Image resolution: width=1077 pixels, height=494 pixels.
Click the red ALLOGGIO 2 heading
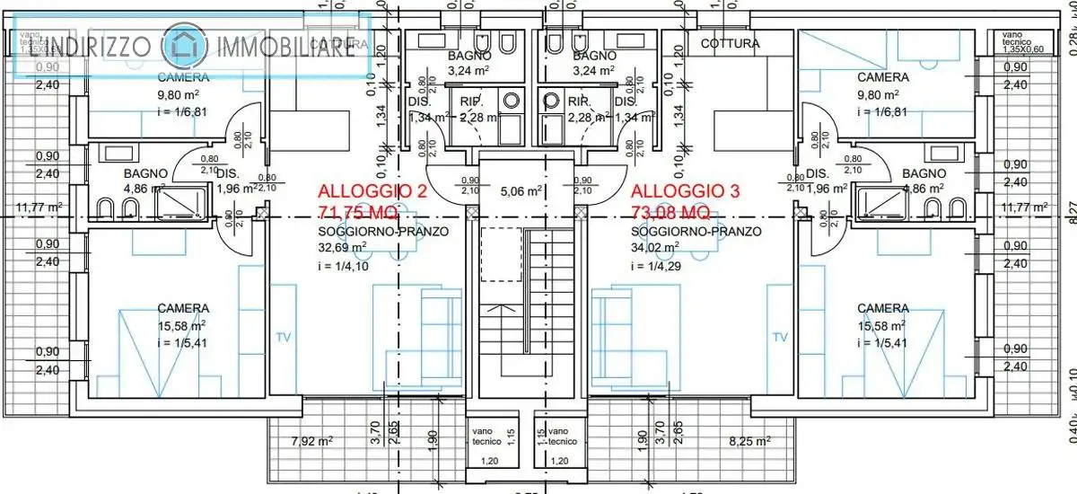[373, 191]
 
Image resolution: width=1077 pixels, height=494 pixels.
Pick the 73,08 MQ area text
[671, 212]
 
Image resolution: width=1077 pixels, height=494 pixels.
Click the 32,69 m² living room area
[341, 247]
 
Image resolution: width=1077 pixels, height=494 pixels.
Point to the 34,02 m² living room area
[655, 247]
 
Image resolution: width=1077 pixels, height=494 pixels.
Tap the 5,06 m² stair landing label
[521, 190]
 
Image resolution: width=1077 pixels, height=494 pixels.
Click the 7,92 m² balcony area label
[312, 441]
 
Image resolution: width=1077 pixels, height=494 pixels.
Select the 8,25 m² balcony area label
[750, 441]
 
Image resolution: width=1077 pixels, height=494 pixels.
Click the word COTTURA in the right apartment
[730, 43]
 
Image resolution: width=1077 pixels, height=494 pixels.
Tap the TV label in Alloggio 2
[284, 338]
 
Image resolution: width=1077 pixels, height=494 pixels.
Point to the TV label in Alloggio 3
[780, 338]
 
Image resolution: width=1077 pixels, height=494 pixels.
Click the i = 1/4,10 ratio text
[343, 266]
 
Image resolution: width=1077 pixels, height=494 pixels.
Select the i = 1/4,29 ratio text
[656, 266]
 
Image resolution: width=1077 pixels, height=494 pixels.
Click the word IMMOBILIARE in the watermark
[285, 45]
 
